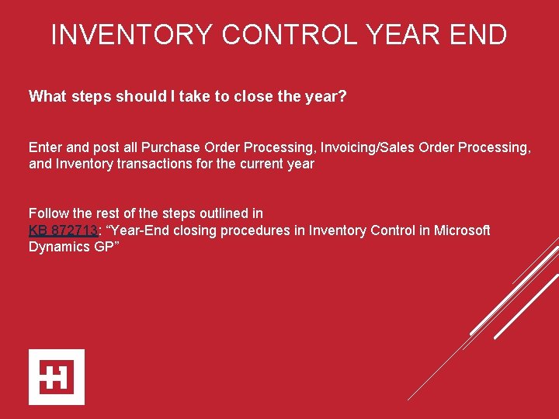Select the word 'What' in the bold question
(x=47, y=97)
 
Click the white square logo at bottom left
(x=57, y=377)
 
